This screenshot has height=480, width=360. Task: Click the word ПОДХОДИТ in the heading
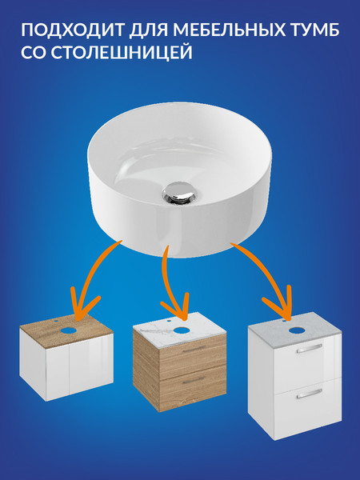[x=72, y=30]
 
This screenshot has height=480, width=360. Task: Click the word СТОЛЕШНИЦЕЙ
[x=122, y=52]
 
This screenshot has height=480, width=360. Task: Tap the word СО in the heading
[x=34, y=52]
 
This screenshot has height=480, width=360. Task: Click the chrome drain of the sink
[x=178, y=191]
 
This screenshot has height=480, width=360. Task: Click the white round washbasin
[x=179, y=179]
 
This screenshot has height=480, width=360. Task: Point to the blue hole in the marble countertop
[x=182, y=330]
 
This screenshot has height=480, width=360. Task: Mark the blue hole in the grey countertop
[x=296, y=330]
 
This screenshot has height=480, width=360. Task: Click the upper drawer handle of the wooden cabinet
[x=194, y=350]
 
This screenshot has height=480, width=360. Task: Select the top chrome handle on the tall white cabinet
[x=309, y=349]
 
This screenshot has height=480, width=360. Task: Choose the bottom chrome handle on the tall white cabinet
[x=309, y=394]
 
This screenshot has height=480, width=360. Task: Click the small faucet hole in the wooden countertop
[x=57, y=322]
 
